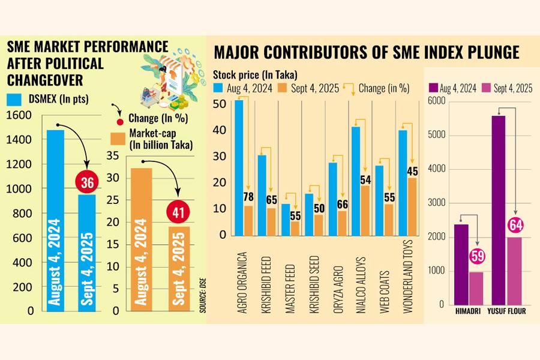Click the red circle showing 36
coord(87,183)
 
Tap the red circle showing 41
coord(178,212)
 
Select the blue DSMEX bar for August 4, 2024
coord(55,219)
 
